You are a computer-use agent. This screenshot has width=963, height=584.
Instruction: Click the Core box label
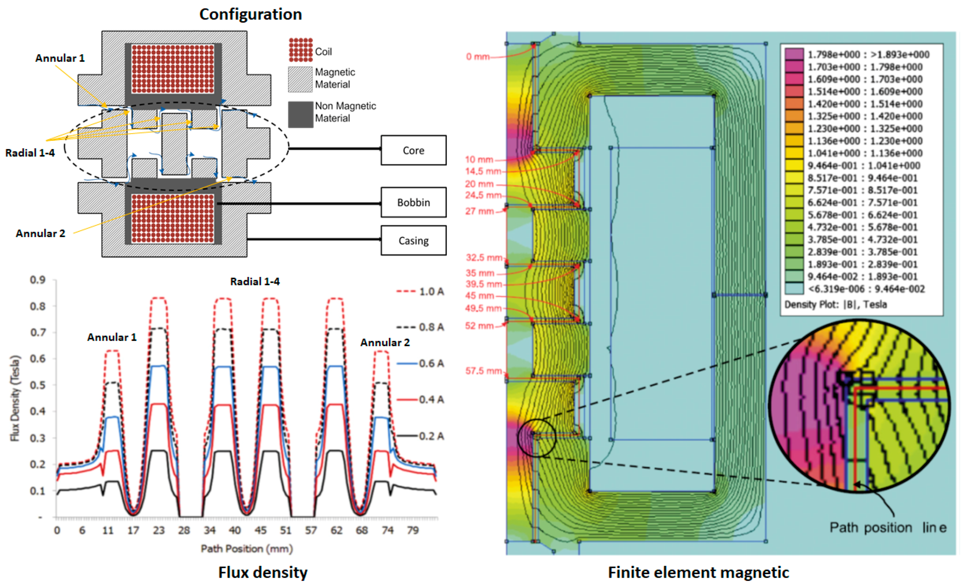(x=413, y=151)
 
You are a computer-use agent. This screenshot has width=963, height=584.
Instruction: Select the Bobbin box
(x=413, y=202)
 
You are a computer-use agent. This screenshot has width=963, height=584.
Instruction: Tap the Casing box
(x=413, y=241)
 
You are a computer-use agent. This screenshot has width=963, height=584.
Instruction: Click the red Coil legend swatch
(x=301, y=50)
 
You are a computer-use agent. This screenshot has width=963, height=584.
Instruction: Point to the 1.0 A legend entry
(x=420, y=292)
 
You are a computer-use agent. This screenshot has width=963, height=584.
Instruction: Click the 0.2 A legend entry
(x=420, y=436)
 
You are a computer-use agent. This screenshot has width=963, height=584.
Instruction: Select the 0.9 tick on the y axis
(x=38, y=280)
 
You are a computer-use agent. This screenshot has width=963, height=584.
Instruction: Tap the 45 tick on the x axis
(x=260, y=530)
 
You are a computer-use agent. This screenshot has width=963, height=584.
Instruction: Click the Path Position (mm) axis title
(x=247, y=549)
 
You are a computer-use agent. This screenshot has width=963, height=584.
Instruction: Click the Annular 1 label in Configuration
(x=60, y=58)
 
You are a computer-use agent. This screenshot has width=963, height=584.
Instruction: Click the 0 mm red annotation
(x=477, y=57)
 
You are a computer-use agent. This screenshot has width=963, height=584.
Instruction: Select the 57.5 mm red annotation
(x=483, y=370)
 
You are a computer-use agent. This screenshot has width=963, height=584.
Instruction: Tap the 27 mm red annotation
(x=479, y=211)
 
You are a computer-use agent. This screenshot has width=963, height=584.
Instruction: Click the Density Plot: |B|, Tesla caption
(x=836, y=305)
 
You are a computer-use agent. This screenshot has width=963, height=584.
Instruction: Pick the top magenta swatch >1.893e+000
(x=794, y=54)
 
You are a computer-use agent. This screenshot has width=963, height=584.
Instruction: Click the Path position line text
(x=888, y=528)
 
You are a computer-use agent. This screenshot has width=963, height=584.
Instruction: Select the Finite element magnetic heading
(x=698, y=572)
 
